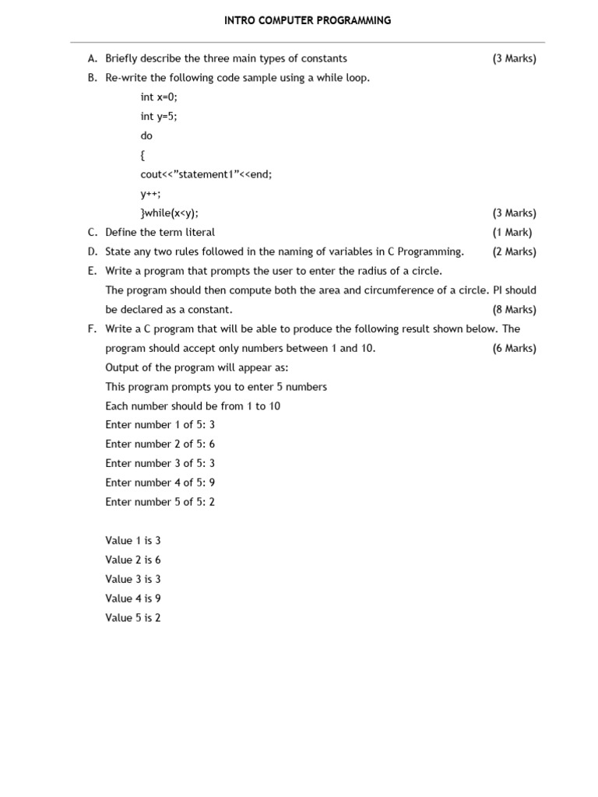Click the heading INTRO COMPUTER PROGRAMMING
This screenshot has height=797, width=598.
point(308,21)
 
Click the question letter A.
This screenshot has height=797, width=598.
point(92,58)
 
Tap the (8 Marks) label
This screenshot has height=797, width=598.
point(514,310)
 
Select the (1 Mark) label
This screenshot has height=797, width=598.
point(512,232)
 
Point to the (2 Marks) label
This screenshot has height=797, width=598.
point(514,251)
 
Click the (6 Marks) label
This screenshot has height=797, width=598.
point(514,349)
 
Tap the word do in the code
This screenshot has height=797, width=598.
point(146,135)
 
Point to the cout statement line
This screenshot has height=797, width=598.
point(206,174)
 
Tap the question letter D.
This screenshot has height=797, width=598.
point(92,251)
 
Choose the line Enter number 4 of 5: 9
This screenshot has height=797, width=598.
point(160,483)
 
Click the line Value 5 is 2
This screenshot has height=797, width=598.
point(133,618)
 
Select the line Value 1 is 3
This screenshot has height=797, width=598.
point(133,540)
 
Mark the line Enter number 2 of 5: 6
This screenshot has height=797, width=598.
point(160,444)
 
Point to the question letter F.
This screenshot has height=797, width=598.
point(92,329)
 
